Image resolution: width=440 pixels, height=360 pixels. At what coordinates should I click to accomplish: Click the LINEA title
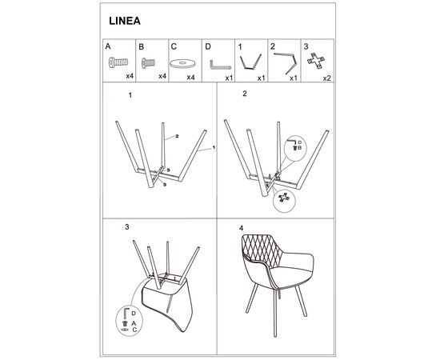[125, 21]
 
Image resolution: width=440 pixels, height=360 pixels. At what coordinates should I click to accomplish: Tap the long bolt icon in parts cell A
[118, 62]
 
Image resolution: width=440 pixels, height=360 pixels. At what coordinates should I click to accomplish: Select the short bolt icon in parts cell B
[148, 63]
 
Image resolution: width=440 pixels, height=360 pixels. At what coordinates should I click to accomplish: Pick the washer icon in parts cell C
[182, 64]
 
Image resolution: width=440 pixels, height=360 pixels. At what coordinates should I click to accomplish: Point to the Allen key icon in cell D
[220, 65]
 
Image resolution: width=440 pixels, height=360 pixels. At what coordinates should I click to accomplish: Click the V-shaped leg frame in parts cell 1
[250, 62]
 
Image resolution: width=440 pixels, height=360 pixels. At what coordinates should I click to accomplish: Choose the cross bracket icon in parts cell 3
[316, 61]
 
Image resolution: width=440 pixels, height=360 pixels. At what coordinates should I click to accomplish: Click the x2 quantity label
[326, 78]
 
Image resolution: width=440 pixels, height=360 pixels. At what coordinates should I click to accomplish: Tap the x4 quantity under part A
[130, 76]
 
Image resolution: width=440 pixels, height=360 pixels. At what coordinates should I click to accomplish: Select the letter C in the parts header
[174, 46]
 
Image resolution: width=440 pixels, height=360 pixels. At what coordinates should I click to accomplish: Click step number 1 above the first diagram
[130, 95]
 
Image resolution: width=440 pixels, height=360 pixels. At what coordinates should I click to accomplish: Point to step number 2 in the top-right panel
[245, 94]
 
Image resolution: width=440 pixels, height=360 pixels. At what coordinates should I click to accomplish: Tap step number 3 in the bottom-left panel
[127, 227]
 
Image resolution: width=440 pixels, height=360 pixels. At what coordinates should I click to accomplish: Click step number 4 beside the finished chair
[241, 228]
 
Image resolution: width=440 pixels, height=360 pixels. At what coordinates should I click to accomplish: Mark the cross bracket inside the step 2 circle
[283, 198]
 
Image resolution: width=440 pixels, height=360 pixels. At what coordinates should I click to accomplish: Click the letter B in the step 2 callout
[299, 148]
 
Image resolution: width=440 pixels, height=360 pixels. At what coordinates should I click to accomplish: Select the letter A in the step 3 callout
[134, 323]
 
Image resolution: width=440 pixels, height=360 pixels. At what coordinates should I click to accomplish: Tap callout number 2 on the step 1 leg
[177, 136]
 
